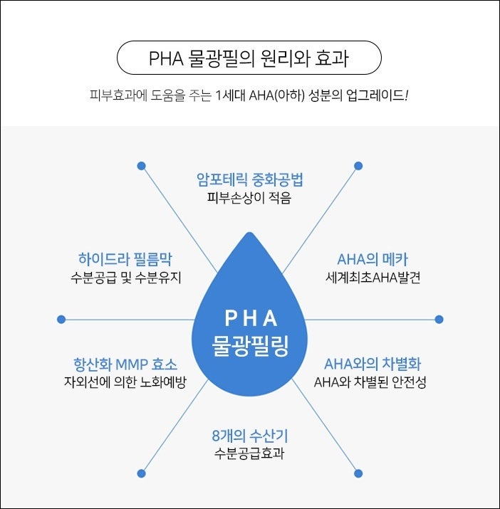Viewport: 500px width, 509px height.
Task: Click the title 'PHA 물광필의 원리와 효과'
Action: coord(249,58)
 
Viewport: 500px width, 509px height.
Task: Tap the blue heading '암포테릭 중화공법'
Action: coord(249,179)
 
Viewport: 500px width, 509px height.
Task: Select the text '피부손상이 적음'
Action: coord(249,198)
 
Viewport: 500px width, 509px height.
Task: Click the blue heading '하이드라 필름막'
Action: coord(125,259)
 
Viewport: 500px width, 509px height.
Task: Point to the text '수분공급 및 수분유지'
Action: coord(126,278)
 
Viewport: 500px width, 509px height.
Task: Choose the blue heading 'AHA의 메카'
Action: coord(373,259)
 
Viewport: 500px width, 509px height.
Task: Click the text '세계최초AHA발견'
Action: coord(373,278)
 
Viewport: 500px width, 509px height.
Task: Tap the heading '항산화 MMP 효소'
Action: coord(125,364)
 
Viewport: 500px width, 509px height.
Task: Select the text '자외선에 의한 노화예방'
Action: coord(125,382)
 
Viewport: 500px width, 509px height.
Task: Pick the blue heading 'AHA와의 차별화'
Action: coord(373,364)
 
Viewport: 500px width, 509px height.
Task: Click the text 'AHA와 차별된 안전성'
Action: coord(370,382)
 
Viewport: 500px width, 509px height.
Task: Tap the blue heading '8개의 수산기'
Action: coord(250,436)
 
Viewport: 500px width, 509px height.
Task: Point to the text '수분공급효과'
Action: coord(249,453)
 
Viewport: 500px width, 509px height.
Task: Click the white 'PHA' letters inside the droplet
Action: coord(251,318)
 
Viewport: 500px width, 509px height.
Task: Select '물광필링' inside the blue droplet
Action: coord(250,345)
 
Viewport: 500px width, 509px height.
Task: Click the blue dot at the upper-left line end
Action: coord(141,166)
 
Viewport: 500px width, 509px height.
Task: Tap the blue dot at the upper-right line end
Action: coord(358,166)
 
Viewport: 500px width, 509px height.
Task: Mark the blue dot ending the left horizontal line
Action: coord(61,320)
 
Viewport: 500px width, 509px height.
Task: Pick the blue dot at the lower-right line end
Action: coord(358,473)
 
